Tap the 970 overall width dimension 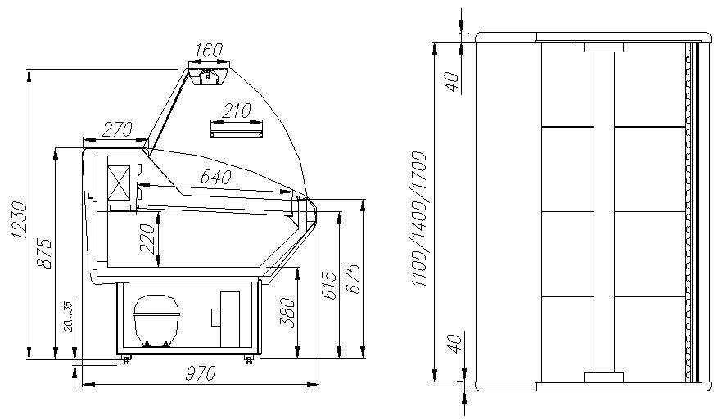200,374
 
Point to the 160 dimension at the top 209,51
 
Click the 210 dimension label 237,110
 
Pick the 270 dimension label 118,129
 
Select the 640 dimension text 216,177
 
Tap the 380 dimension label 287,312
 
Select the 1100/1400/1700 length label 418,218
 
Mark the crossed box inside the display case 120,182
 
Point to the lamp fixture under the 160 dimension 207,75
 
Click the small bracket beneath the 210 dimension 237,129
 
